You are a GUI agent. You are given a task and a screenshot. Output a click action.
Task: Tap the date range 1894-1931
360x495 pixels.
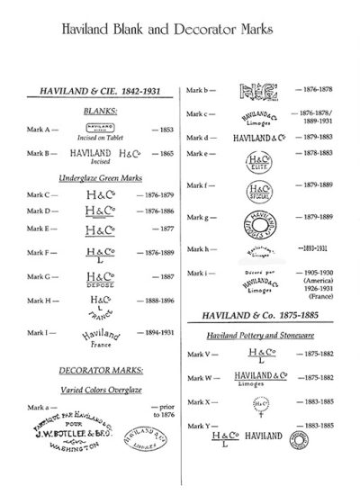tap(155, 332)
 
